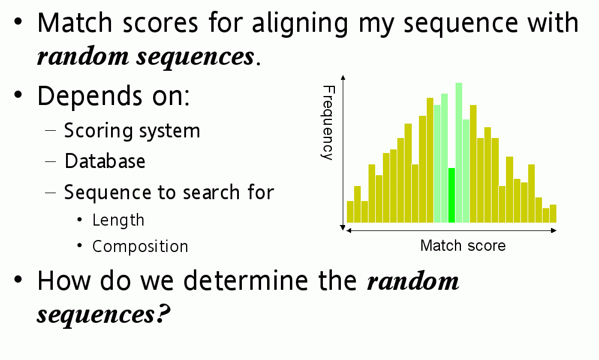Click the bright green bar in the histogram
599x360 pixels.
click(451, 195)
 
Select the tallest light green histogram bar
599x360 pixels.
click(459, 153)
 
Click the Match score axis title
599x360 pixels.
click(463, 245)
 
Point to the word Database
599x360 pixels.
click(104, 161)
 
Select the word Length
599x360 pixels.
click(118, 220)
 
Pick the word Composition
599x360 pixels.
click(140, 247)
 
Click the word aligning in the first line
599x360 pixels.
click(300, 23)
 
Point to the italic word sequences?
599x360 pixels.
click(103, 314)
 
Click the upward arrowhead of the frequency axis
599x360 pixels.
click(343, 77)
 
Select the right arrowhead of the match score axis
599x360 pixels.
click(554, 230)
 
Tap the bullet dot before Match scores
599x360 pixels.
click(18, 22)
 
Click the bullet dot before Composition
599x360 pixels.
click(79, 246)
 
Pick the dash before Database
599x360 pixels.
click(50, 161)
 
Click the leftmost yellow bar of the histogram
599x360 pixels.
click(350, 211)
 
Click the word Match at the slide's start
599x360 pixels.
click(75, 23)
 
